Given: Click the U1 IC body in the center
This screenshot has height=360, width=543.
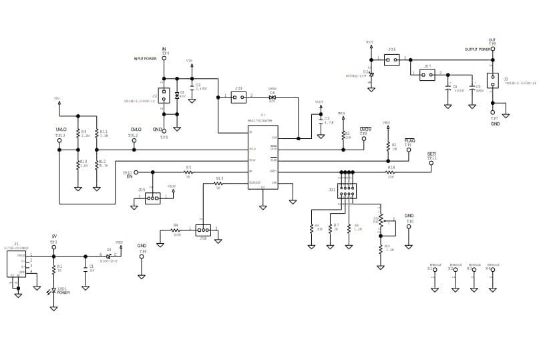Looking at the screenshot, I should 262,156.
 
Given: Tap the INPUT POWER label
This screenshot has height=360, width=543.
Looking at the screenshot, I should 145,59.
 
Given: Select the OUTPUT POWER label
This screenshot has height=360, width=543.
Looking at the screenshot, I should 478,49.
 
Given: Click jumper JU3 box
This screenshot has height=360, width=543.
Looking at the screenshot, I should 238,97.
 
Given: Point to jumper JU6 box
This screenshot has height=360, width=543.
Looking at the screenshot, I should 392,60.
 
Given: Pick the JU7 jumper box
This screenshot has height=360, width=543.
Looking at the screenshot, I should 427,75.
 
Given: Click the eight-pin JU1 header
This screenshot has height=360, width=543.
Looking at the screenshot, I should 347,191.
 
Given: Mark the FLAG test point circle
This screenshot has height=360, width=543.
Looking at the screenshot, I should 407,150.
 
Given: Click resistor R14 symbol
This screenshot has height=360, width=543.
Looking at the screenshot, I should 391,172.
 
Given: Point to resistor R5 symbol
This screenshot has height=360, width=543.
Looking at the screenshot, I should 188,172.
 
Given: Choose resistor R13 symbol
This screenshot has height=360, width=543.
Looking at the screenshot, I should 218,183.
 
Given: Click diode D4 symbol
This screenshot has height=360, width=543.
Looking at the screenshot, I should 272,97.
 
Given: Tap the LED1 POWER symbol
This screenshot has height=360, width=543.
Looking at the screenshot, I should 53,291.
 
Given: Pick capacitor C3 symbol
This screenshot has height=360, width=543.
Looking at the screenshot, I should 320,122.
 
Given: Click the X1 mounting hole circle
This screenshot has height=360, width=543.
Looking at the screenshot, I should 435,270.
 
